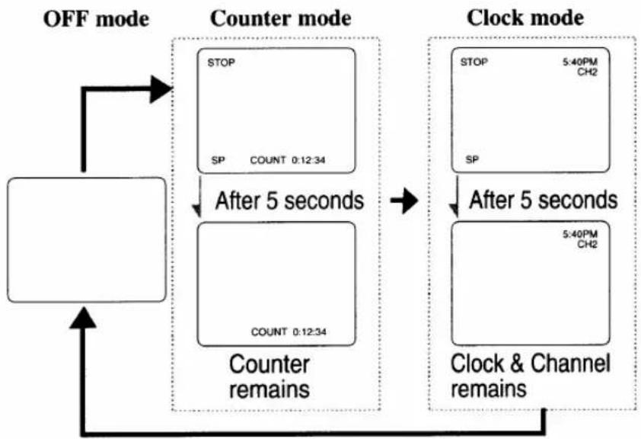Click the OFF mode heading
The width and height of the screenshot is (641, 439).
96,19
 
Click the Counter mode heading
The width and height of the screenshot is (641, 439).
280,18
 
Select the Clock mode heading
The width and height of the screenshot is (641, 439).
525,18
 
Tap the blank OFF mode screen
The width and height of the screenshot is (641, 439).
87,240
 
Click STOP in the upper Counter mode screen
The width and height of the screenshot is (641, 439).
222,62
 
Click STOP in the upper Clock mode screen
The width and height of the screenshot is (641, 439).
474,62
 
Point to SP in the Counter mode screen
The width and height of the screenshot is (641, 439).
218,160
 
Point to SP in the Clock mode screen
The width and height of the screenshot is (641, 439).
472,159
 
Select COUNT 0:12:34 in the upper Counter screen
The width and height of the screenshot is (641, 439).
288,160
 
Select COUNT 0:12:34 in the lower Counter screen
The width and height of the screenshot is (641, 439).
289,332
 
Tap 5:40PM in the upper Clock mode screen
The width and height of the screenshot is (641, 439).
580,62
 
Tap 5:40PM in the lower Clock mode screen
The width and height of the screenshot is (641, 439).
580,234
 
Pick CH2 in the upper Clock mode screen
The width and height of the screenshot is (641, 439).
588,72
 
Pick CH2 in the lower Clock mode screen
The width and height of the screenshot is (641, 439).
588,244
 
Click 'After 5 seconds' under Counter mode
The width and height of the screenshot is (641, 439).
289,200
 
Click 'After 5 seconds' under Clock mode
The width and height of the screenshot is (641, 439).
544,200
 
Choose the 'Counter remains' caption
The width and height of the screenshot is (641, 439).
269,377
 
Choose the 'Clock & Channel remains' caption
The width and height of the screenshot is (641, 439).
530,376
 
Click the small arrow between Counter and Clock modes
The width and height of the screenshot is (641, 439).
404,200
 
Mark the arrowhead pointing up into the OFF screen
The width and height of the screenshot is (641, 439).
84,318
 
